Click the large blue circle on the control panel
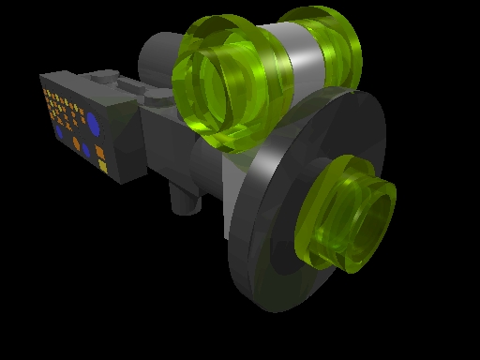click(x=93, y=123)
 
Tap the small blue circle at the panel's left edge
click(x=59, y=132)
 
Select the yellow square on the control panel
click(x=101, y=165)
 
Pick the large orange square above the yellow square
click(x=99, y=150)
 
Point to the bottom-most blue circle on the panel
click(x=85, y=150)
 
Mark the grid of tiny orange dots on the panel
click(x=60, y=104)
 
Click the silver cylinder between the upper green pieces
click(x=298, y=63)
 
